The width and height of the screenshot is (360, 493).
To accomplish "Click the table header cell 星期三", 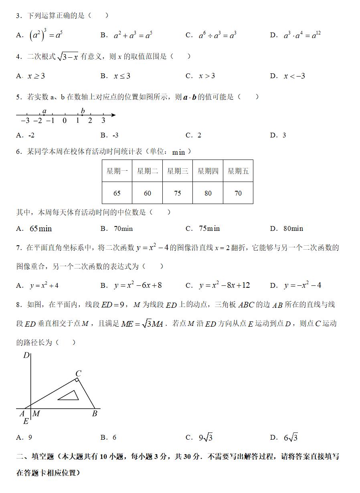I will pos(178,171).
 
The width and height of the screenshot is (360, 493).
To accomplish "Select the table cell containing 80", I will pos(208,193).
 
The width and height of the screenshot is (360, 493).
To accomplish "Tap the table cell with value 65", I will pos(117,193).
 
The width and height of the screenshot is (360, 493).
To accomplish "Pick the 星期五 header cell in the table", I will pos(238,171).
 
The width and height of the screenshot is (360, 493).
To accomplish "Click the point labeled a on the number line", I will pos(44,115).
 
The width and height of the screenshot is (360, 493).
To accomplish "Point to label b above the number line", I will pos(83,111).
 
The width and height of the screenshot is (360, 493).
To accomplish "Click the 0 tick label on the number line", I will pos(65,121).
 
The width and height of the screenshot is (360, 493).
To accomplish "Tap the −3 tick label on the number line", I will pos(24,121).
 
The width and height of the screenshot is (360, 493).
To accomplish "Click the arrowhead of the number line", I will pos(114,115).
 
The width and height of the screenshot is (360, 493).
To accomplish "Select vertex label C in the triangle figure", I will pos(79,374).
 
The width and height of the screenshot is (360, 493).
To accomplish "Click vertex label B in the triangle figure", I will pos(95,414).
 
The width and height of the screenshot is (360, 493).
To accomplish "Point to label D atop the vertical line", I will pos(26,355).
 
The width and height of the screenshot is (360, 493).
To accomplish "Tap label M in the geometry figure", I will pos(36,414).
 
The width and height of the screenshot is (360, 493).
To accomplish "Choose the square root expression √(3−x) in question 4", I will pos(68,57).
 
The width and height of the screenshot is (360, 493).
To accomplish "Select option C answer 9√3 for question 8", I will pos(206,438).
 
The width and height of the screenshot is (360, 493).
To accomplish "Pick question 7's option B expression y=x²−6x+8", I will pos(138,285).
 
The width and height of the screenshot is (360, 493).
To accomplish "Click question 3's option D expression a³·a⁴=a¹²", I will pos(302,35).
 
